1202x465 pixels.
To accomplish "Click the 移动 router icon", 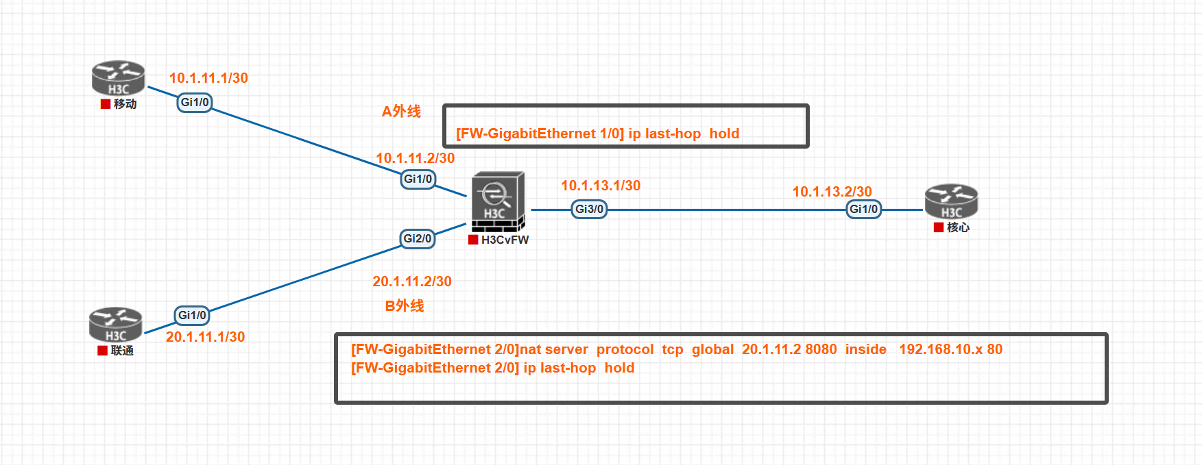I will click(x=119, y=78).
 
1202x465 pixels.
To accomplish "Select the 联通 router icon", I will click(x=116, y=324).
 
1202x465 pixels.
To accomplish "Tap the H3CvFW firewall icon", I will click(x=498, y=201).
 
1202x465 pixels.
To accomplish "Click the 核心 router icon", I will click(x=951, y=201).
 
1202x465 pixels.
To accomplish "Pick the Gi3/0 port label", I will click(x=589, y=209).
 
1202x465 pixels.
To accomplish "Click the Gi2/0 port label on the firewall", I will click(x=418, y=238).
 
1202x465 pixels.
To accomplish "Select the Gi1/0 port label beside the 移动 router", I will click(x=195, y=103).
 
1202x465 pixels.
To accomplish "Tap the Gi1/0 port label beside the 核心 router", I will click(x=863, y=209).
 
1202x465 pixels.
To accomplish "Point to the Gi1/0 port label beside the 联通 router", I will click(x=192, y=315).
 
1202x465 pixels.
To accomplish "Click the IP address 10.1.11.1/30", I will click(x=208, y=78).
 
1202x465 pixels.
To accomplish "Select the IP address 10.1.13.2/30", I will click(x=832, y=192).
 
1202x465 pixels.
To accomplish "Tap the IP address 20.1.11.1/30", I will click(x=205, y=337).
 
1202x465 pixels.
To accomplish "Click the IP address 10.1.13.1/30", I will click(x=601, y=186).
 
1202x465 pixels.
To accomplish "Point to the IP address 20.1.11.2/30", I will click(x=411, y=281).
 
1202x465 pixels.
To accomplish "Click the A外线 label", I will click(x=401, y=112).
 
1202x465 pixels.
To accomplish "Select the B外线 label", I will click(x=405, y=305).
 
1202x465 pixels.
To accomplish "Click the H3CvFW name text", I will click(x=505, y=240).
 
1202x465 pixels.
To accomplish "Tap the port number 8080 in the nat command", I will click(x=821, y=349).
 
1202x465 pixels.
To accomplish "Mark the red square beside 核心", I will click(x=939, y=227).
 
